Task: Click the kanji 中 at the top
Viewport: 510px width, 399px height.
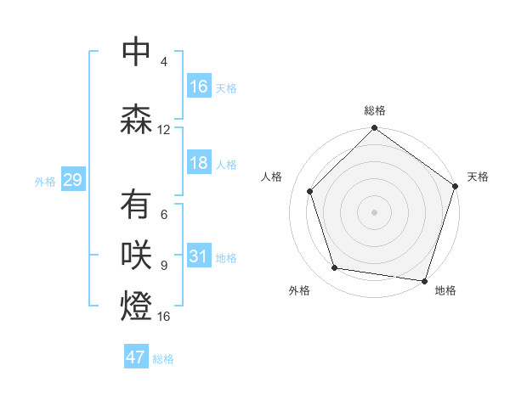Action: tap(136, 53)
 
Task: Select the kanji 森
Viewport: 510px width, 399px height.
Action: tap(136, 121)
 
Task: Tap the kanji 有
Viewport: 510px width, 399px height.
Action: tap(136, 205)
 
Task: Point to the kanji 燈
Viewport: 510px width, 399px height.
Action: tap(136, 306)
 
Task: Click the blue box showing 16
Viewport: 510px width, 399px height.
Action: tap(199, 87)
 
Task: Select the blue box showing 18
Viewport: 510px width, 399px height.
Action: tap(199, 163)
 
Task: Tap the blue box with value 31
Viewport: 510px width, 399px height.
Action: tap(199, 256)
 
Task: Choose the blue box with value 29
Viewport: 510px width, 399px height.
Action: tap(72, 180)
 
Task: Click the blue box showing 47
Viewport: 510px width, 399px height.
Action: tap(136, 357)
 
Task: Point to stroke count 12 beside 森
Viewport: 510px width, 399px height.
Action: tap(164, 130)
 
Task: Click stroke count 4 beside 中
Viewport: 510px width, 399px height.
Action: tap(164, 62)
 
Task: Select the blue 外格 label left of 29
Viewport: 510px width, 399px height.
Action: tap(45, 181)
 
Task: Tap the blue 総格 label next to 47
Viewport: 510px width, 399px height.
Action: tap(163, 358)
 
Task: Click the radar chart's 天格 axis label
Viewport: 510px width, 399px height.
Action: tap(478, 177)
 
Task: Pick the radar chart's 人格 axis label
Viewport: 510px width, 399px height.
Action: tap(271, 177)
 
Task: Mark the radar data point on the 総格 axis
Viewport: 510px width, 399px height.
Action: tap(374, 129)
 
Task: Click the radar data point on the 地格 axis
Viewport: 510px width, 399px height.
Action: tap(424, 280)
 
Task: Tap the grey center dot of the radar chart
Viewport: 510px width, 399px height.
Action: tap(374, 211)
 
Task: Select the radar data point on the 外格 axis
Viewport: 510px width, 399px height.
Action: tap(335, 268)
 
